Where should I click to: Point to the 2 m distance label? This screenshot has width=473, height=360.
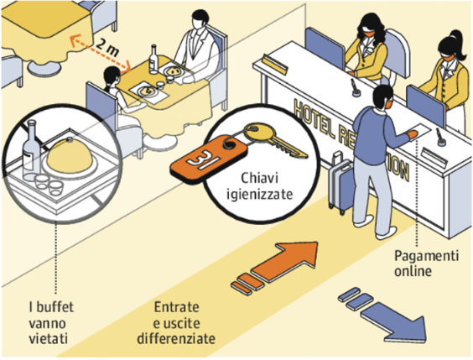107,48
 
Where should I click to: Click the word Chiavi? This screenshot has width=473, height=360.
259,178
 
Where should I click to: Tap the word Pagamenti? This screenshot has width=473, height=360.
427,256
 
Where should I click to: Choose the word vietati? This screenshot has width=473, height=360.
49,338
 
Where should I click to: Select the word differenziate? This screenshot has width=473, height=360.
176,338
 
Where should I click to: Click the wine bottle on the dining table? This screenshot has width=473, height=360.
153,60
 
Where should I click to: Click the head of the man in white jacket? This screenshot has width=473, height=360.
200,19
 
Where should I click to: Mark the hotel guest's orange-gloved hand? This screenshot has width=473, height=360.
412,134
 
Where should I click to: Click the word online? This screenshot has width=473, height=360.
413,271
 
